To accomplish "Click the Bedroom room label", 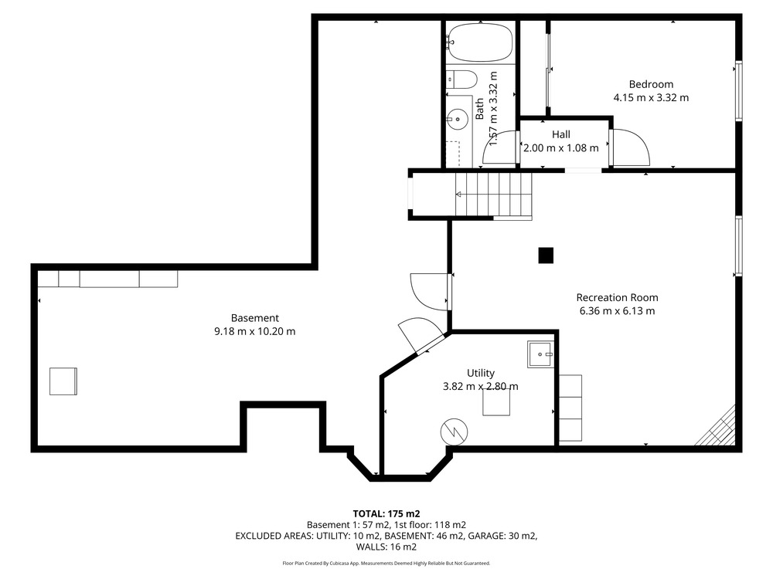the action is tap(651, 84).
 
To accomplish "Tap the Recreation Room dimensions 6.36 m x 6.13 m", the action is tap(617, 310).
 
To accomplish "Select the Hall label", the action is tap(561, 134).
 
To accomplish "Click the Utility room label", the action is tap(481, 373).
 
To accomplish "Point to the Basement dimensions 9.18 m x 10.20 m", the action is tap(255, 331).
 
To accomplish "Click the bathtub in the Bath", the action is tap(480, 42).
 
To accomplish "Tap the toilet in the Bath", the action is tap(462, 80).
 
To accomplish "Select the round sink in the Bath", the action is tap(458, 119).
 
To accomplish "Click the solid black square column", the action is tap(546, 256).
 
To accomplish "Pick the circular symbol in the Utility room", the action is tap(454, 432).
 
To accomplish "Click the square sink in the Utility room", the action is tap(541, 354).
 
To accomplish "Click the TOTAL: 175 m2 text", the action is tap(386, 514).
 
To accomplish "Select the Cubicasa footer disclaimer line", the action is tap(386, 564).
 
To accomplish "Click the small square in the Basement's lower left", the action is tap(63, 381).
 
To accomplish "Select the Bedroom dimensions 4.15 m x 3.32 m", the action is tap(651, 97).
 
